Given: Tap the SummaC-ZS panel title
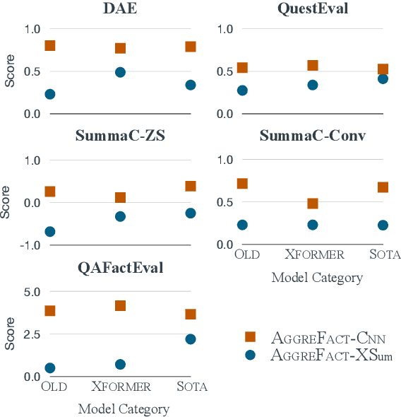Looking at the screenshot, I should tap(120, 137).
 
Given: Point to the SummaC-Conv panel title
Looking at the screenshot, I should tap(313, 136).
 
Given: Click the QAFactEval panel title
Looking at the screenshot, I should tap(120, 268).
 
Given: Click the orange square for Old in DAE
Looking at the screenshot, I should tap(49, 46).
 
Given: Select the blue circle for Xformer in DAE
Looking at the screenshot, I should tap(120, 72).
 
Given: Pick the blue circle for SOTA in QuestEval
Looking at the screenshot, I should tap(383, 78).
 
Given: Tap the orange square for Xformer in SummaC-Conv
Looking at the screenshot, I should tap(312, 204).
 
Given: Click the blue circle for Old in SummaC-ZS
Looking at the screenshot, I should tap(49, 231).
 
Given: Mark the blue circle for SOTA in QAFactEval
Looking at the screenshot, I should tap(190, 339).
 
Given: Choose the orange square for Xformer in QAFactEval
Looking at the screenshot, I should tap(120, 306).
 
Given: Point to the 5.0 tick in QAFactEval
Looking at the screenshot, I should tap(31, 291).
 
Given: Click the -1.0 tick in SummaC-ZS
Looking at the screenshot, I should tap(29, 245).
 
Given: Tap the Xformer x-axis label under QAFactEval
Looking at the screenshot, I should tap(121, 387).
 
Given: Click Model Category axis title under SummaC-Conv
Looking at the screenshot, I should tap(317, 278).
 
